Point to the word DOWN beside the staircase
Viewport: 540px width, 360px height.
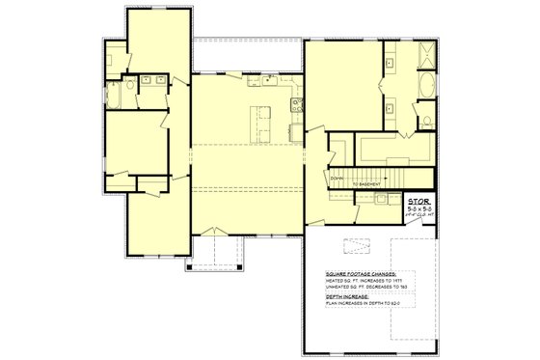pos(337,179)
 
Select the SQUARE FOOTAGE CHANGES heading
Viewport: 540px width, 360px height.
pos(358,274)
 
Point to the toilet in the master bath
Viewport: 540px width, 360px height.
pos(424,122)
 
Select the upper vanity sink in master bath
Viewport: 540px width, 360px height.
pos(390,61)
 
